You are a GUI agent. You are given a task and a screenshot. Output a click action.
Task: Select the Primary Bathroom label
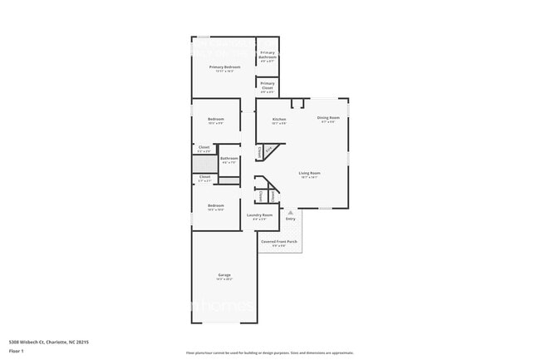tap(268, 55)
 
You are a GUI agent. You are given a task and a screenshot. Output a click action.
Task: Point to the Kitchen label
tap(279, 119)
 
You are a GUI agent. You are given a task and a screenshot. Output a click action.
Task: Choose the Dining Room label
tap(328, 118)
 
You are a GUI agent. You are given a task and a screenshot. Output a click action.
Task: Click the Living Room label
tap(310, 173)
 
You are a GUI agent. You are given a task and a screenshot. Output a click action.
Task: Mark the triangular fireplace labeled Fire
tap(268, 150)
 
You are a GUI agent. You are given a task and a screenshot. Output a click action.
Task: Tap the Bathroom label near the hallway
tap(229, 158)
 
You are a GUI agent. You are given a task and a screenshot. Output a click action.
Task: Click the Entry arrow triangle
tap(291, 213)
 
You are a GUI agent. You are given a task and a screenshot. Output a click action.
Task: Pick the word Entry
tap(291, 219)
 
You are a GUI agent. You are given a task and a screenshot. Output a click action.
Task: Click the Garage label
tap(224, 274)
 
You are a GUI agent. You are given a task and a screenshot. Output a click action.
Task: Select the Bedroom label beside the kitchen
tap(216, 119)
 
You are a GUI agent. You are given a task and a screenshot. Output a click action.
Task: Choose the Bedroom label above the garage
tap(216, 205)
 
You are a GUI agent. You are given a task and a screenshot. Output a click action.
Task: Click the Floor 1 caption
tap(17, 352)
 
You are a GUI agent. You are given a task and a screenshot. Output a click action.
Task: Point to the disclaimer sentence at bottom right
tap(269, 353)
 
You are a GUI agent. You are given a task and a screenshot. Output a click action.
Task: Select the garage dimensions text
tap(224, 279)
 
